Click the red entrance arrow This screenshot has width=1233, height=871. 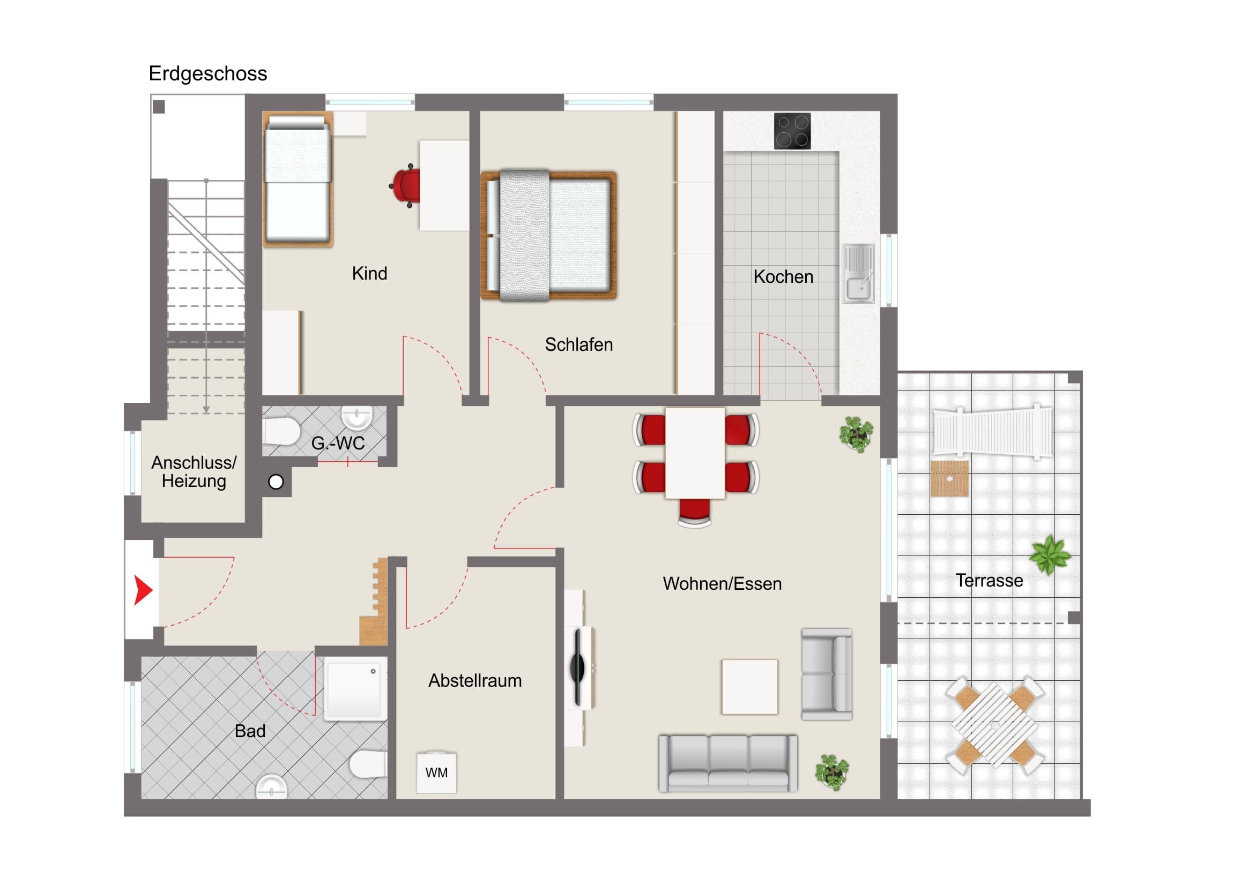(142, 590)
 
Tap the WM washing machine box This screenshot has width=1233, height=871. (436, 772)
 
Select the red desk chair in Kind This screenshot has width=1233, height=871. (405, 186)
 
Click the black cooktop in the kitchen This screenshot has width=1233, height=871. (792, 131)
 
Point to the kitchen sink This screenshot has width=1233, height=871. (858, 274)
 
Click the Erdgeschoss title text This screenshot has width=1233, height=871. (208, 73)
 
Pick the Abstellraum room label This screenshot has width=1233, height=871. (475, 680)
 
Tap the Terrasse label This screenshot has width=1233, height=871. (989, 580)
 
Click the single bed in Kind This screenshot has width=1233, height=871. (298, 180)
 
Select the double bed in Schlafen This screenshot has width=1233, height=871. (548, 236)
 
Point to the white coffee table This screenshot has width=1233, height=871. (749, 687)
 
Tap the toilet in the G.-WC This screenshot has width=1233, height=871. (281, 432)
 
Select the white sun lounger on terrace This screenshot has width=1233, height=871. (993, 432)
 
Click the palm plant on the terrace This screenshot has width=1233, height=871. (1050, 555)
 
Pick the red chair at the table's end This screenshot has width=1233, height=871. (694, 513)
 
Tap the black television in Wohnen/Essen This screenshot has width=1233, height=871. (577, 667)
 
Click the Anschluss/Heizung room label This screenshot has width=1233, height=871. (194, 471)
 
